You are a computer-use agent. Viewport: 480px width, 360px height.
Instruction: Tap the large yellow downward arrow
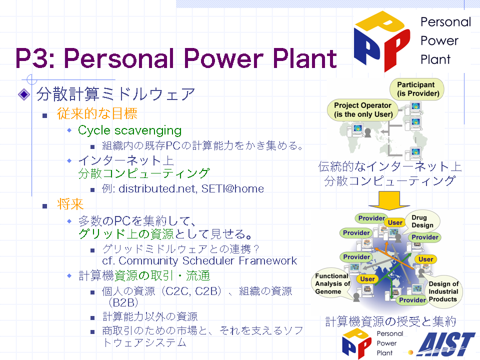click(389, 200)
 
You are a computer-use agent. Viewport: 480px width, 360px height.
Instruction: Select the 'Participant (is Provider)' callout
click(417, 89)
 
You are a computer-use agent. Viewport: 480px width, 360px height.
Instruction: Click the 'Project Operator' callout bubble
click(363, 109)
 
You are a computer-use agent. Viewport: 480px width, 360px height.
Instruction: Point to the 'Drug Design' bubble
click(422, 221)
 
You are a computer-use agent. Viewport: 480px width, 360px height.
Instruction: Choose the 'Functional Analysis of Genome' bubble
click(332, 284)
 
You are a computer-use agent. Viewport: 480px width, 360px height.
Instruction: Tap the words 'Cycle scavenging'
click(130, 130)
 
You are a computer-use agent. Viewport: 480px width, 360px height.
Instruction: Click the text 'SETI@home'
click(232, 188)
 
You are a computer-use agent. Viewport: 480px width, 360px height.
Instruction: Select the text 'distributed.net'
click(157, 188)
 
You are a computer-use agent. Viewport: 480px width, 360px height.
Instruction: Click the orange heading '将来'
click(70, 204)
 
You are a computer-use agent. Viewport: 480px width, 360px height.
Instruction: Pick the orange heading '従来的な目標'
click(97, 113)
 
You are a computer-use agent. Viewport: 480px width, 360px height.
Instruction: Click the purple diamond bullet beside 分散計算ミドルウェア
click(24, 94)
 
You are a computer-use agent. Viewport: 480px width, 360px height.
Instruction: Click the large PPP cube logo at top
click(382, 41)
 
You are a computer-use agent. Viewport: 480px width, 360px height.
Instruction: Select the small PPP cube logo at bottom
click(357, 343)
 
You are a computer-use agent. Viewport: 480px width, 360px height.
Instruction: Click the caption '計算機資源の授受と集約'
click(390, 321)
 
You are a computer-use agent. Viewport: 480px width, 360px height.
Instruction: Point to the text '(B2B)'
click(123, 302)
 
